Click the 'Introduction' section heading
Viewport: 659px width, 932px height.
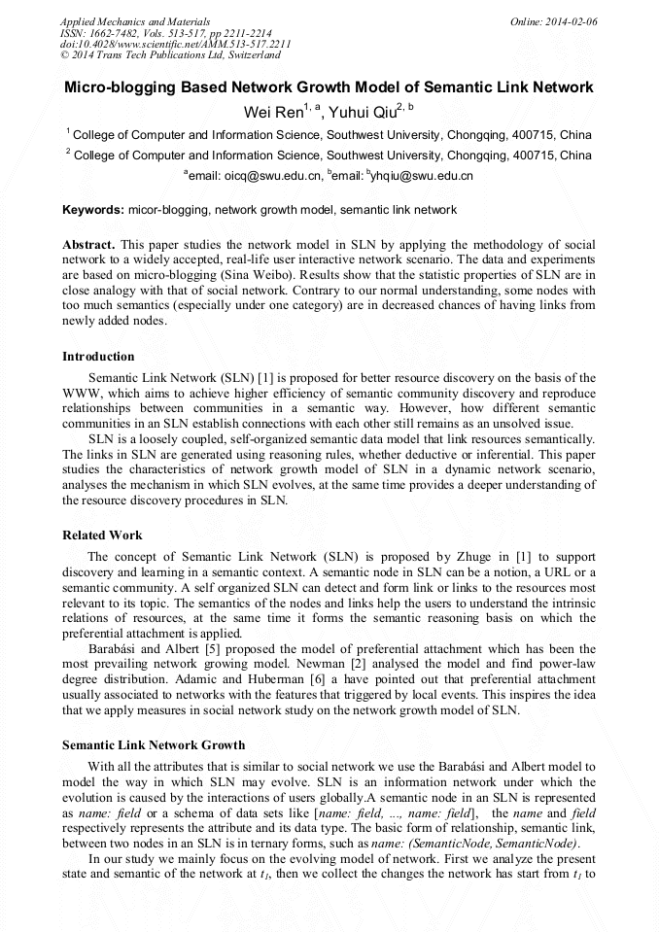pos(98,357)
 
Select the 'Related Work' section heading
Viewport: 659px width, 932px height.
pos(102,535)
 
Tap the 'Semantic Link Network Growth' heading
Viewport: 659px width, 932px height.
pos(154,745)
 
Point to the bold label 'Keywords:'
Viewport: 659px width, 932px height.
pos(93,209)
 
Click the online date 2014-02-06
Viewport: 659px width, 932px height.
pos(571,20)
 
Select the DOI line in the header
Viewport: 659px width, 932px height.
pos(175,44)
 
